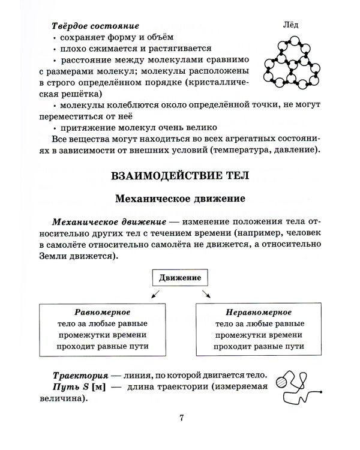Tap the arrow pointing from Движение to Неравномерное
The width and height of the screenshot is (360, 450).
click(206, 293)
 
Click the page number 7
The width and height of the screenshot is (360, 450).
click(180, 419)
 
